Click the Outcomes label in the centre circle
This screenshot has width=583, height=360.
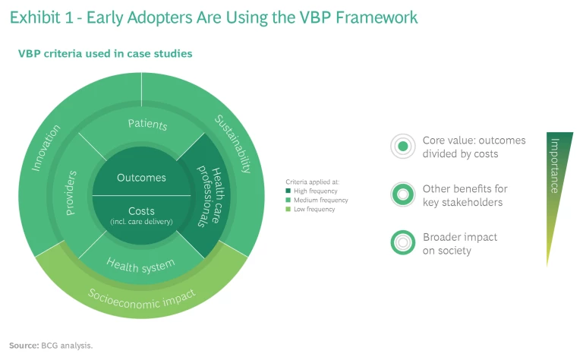141,178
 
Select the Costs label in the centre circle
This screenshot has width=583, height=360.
141,211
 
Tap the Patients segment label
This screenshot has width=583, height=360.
147,124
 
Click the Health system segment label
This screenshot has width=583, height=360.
140,264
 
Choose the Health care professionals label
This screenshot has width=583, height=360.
211,197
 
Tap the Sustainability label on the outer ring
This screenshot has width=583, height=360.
233,144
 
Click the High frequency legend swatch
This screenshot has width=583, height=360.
288,191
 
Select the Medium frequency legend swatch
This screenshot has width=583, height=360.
288,201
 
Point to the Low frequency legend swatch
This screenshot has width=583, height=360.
288,210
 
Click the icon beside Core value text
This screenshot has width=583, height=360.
403,146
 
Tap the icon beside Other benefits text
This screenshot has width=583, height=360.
403,194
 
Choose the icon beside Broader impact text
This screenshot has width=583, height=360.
403,242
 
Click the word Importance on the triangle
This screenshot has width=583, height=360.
555,166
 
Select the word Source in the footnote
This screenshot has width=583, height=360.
24,346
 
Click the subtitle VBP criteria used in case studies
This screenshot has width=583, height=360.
105,54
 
